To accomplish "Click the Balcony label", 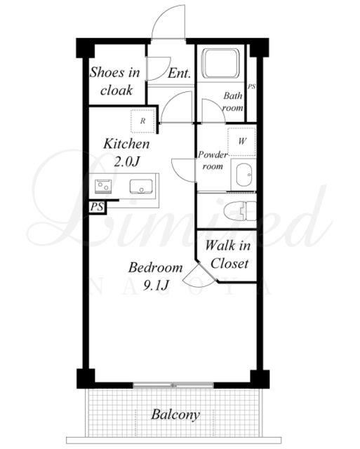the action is [x=175, y=415].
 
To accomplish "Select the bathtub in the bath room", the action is [x=220, y=63].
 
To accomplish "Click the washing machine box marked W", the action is [x=241, y=142].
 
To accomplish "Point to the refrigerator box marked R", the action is [x=142, y=121].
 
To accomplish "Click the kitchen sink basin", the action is [x=141, y=187].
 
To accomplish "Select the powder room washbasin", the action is [x=244, y=175].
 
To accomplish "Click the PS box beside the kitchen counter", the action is [x=98, y=207].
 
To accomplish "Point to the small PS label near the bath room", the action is [x=251, y=86].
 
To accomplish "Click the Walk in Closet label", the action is [x=228, y=255].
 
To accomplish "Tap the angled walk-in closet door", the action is [x=201, y=274].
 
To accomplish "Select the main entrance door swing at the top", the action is [x=168, y=22].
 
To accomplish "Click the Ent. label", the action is [x=179, y=73].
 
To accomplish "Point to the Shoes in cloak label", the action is [x=115, y=81].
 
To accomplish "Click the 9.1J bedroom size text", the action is [x=156, y=286].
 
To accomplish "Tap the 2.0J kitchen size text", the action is [x=126, y=162].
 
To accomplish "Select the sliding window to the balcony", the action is [x=173, y=385].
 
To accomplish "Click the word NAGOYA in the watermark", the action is [x=180, y=287].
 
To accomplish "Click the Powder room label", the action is [x=213, y=161].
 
